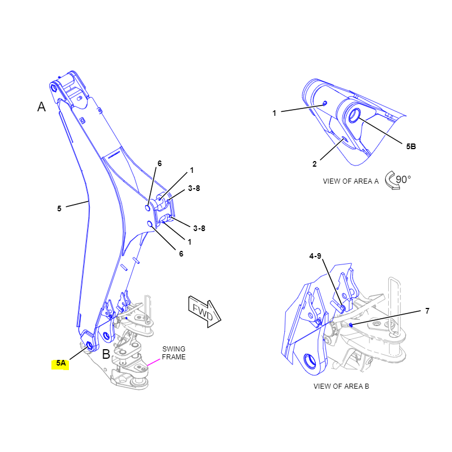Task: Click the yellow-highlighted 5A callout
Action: click(60, 364)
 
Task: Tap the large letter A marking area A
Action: click(41, 106)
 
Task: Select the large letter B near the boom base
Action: click(106, 355)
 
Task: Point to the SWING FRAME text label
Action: click(173, 353)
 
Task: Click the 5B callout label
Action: click(411, 146)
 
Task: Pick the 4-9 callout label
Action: click(315, 256)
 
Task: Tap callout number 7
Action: click(427, 311)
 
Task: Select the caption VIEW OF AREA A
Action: click(350, 181)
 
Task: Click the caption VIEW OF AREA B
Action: click(341, 386)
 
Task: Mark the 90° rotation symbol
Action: click(398, 180)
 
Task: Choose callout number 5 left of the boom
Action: click(59, 208)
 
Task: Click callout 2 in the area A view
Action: click(315, 164)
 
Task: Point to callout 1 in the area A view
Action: click(274, 113)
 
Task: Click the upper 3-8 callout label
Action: click(193, 188)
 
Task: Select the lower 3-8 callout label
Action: click(199, 228)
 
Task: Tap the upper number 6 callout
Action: click(159, 163)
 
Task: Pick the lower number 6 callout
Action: click(181, 254)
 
